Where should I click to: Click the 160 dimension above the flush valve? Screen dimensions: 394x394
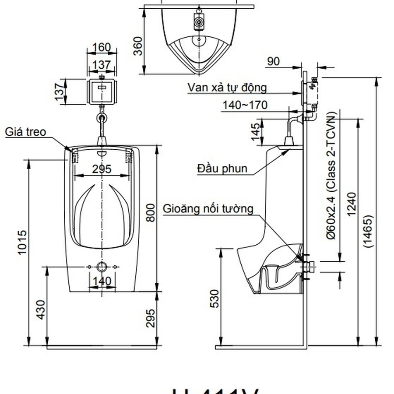pyautogui.click(x=102, y=47)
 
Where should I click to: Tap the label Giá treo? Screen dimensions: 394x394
pyautogui.click(x=25, y=132)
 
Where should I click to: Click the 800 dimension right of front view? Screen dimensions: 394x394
pyautogui.click(x=150, y=212)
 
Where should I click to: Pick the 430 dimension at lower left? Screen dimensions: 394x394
pyautogui.click(x=41, y=310)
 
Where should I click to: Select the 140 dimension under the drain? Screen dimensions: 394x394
pyautogui.click(x=102, y=281)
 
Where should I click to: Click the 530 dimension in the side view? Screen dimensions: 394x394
pyautogui.click(x=214, y=299)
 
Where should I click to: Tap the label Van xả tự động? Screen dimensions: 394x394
pyautogui.click(x=227, y=88)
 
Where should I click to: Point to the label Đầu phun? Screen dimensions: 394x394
pyautogui.click(x=222, y=168)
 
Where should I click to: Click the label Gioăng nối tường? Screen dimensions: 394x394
pyautogui.click(x=208, y=208)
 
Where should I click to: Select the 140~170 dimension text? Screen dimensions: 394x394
pyautogui.click(x=245, y=105)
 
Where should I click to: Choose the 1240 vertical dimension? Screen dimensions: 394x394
pyautogui.click(x=352, y=205)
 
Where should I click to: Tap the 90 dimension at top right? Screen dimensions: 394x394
pyautogui.click(x=273, y=62)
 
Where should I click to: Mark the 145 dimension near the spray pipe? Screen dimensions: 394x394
pyautogui.click(x=255, y=132)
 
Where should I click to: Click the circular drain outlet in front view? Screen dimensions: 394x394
pyautogui.click(x=102, y=267)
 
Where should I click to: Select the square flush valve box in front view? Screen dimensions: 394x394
pyautogui.click(x=102, y=91)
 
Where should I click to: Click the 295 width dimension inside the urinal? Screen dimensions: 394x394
pyautogui.click(x=102, y=169)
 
